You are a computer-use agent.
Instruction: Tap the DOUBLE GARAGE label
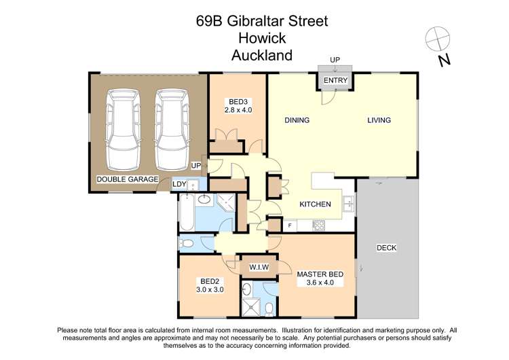coord(127,180)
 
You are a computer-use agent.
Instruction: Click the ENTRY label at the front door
coord(335,81)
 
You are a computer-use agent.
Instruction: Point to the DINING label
coord(297,120)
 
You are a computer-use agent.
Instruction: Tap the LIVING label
coord(379,120)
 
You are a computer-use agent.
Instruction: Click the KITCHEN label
coord(316,204)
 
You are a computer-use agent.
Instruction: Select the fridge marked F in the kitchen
coord(290,225)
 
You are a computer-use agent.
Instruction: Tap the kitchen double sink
coord(347,202)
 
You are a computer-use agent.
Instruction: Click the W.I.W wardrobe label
coord(259,267)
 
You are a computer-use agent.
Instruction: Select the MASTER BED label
coord(320,274)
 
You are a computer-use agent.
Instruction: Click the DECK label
coord(386,248)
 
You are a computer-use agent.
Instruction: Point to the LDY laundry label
coord(178,184)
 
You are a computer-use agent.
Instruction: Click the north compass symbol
coord(436,37)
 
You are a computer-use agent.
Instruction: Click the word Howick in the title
coord(261,38)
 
